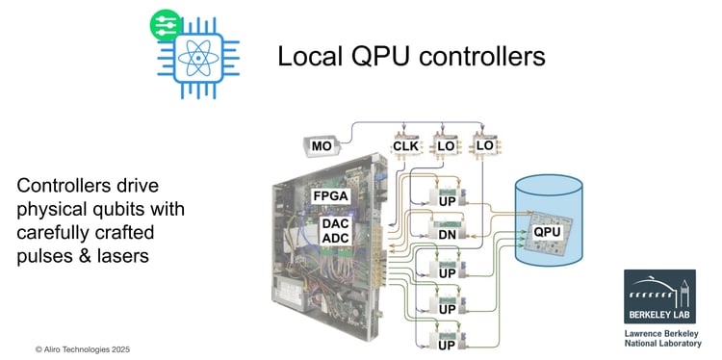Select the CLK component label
coord(402,147)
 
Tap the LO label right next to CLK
coord(445,147)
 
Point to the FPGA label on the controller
coord(332,196)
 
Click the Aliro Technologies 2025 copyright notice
coord(82,349)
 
